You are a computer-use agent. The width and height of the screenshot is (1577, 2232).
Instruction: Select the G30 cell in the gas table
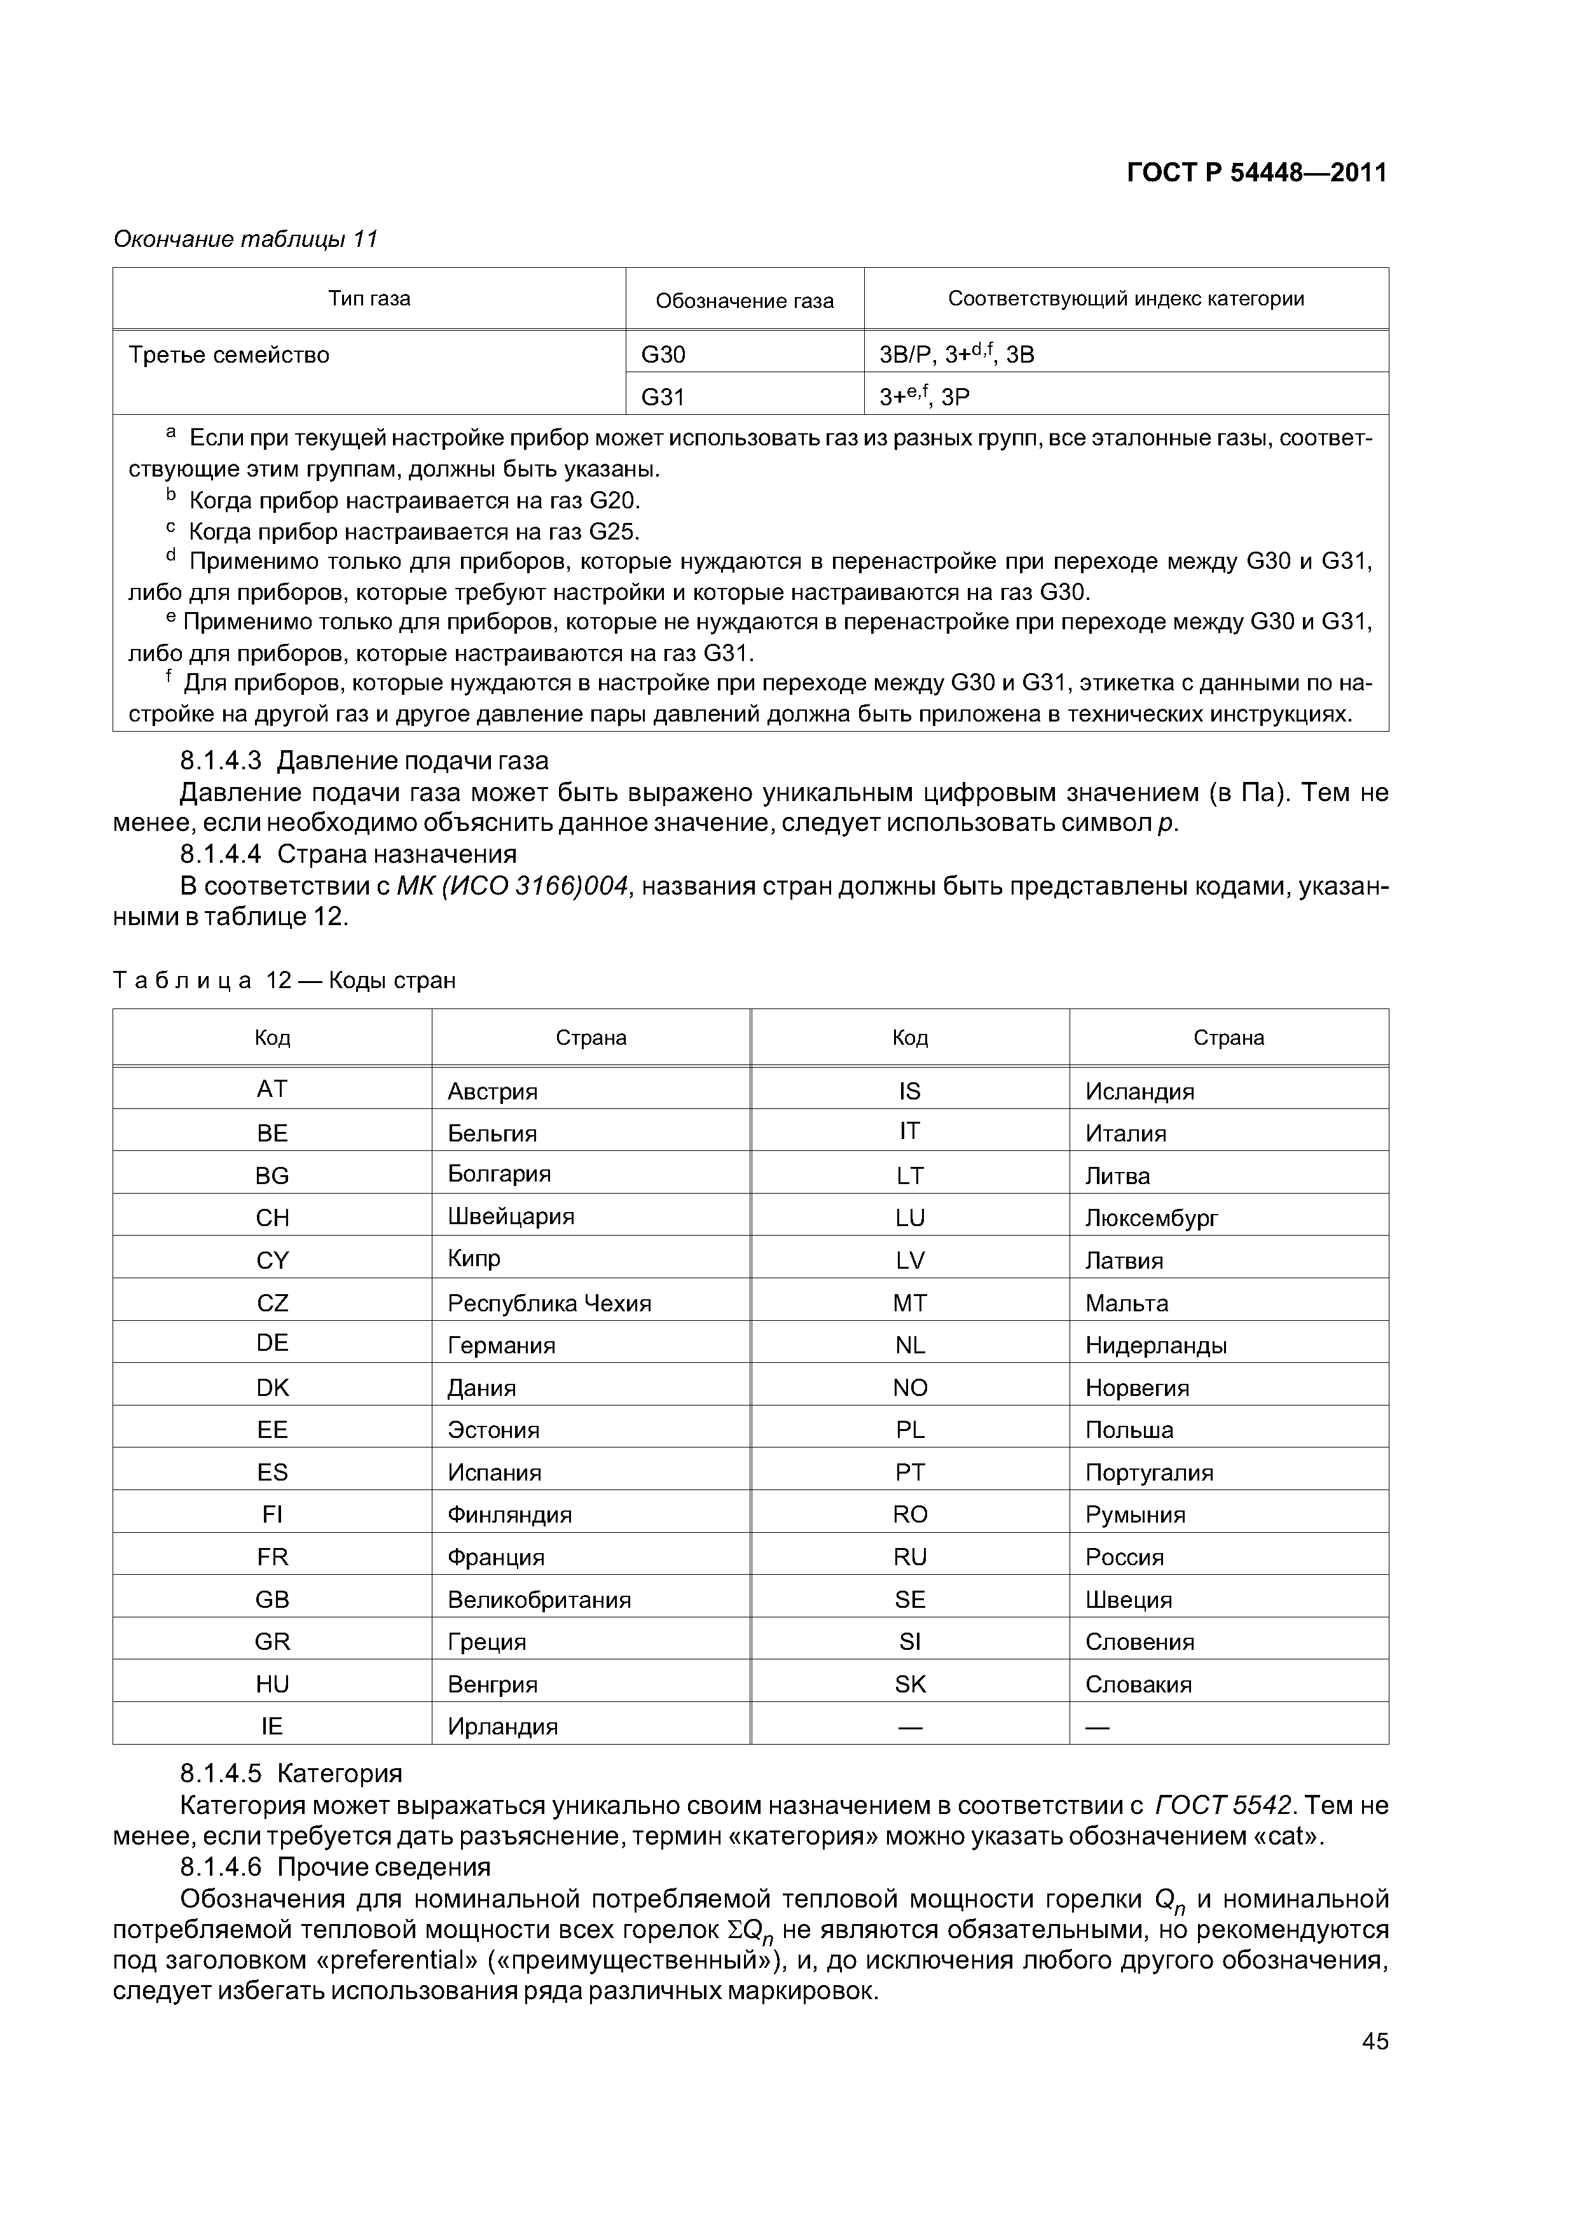click(x=664, y=355)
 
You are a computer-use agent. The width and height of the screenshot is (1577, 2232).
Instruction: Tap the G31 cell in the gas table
click(x=664, y=396)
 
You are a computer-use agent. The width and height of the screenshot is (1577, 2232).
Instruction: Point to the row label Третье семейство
click(x=230, y=355)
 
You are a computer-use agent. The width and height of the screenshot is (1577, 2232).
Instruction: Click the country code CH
click(x=272, y=1218)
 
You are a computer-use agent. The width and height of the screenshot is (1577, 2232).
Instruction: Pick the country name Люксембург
click(x=1152, y=1218)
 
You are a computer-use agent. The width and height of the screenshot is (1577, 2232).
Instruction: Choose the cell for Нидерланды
click(x=1155, y=1346)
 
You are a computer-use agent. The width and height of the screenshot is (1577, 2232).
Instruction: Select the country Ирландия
click(x=502, y=1727)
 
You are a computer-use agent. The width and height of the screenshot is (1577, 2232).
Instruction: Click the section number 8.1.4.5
click(x=221, y=1773)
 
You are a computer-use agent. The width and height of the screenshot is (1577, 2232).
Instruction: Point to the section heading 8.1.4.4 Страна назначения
click(x=348, y=853)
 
